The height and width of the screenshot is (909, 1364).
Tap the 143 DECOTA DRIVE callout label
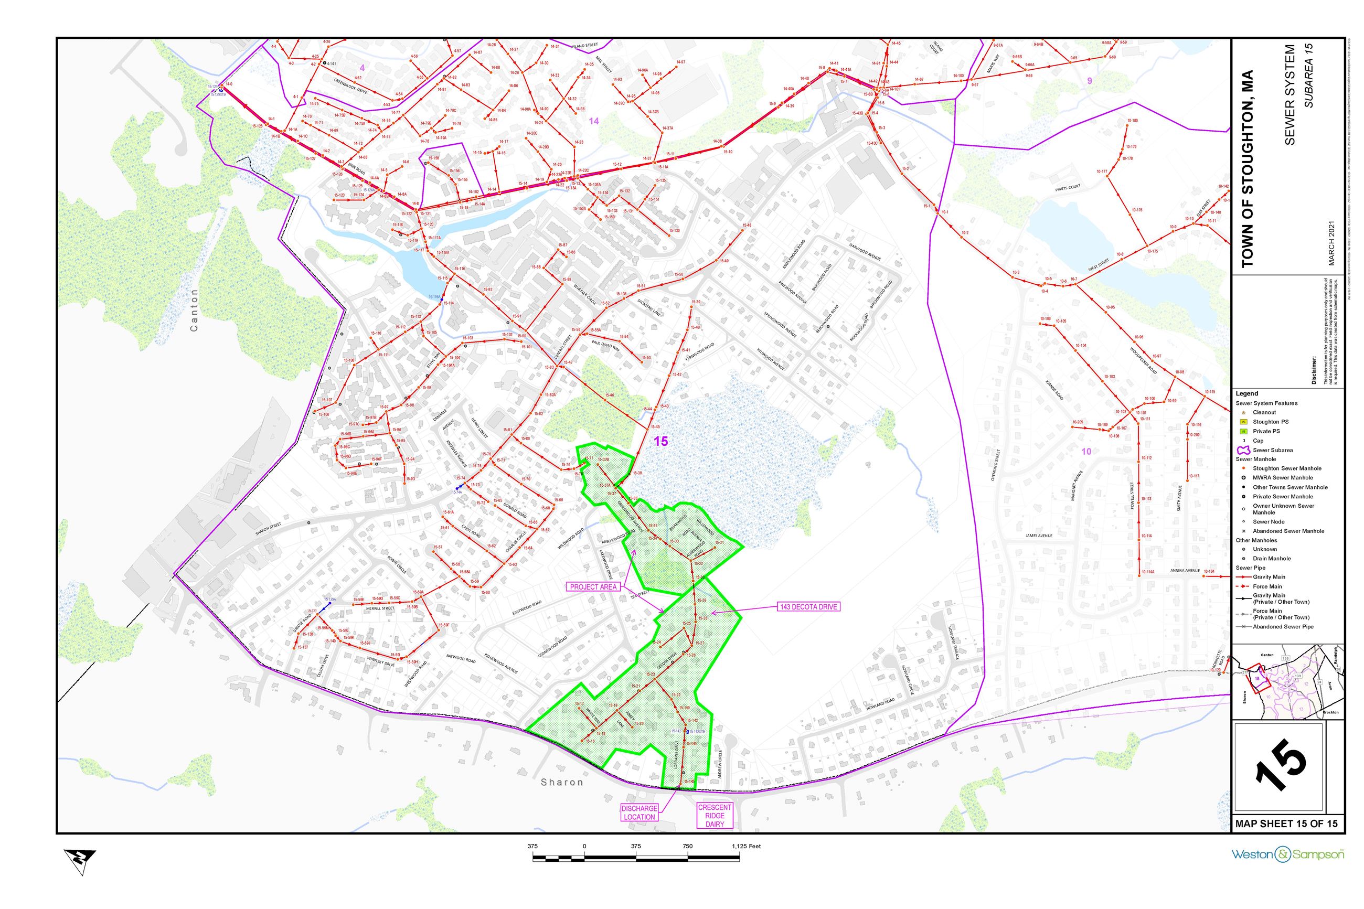tap(808, 606)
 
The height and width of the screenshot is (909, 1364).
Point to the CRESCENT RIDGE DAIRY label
tap(715, 815)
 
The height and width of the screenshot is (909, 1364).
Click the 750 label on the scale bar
tap(687, 847)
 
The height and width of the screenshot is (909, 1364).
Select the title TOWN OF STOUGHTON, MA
tap(1248, 169)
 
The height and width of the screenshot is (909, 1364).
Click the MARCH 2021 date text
tap(1331, 243)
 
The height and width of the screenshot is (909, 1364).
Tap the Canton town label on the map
tap(194, 311)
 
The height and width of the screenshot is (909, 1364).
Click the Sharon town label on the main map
tap(562, 782)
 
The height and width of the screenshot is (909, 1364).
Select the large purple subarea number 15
tap(661, 441)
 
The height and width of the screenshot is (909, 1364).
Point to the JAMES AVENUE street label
tap(1038, 536)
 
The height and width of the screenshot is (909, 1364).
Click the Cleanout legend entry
tap(1264, 412)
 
